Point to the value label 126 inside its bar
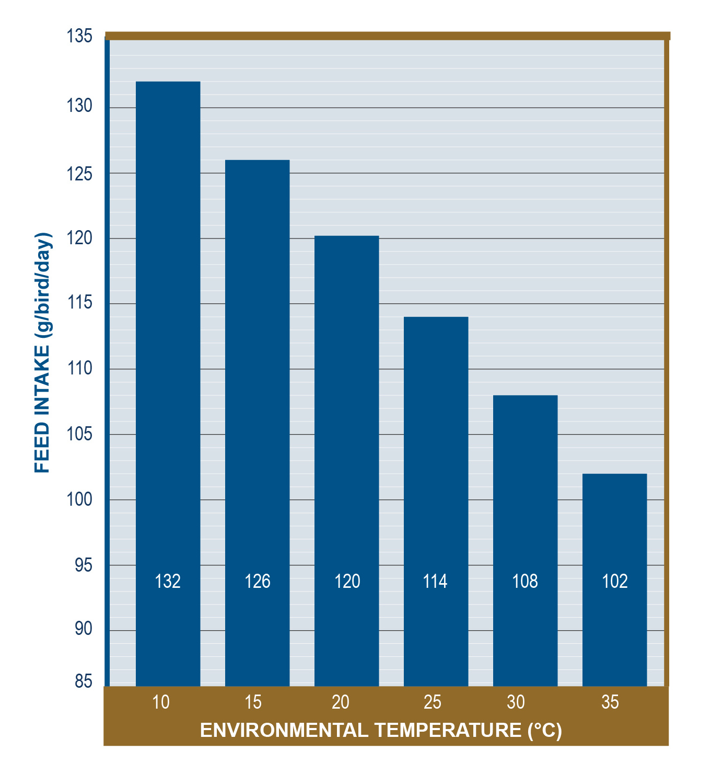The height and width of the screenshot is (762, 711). [x=258, y=581]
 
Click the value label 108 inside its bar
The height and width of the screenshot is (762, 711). [x=525, y=581]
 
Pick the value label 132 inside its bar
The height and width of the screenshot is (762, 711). [x=168, y=581]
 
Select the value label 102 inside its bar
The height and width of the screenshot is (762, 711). [x=614, y=581]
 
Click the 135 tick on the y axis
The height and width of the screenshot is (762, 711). [x=79, y=37]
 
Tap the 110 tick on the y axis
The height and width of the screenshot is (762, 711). [x=79, y=369]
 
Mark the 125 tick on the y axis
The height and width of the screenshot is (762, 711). [x=79, y=173]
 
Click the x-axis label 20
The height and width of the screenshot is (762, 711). [x=341, y=702]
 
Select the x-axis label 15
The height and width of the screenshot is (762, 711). [x=253, y=702]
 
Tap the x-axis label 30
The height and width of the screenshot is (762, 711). [x=516, y=702]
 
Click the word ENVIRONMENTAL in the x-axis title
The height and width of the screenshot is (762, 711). [x=284, y=730]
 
